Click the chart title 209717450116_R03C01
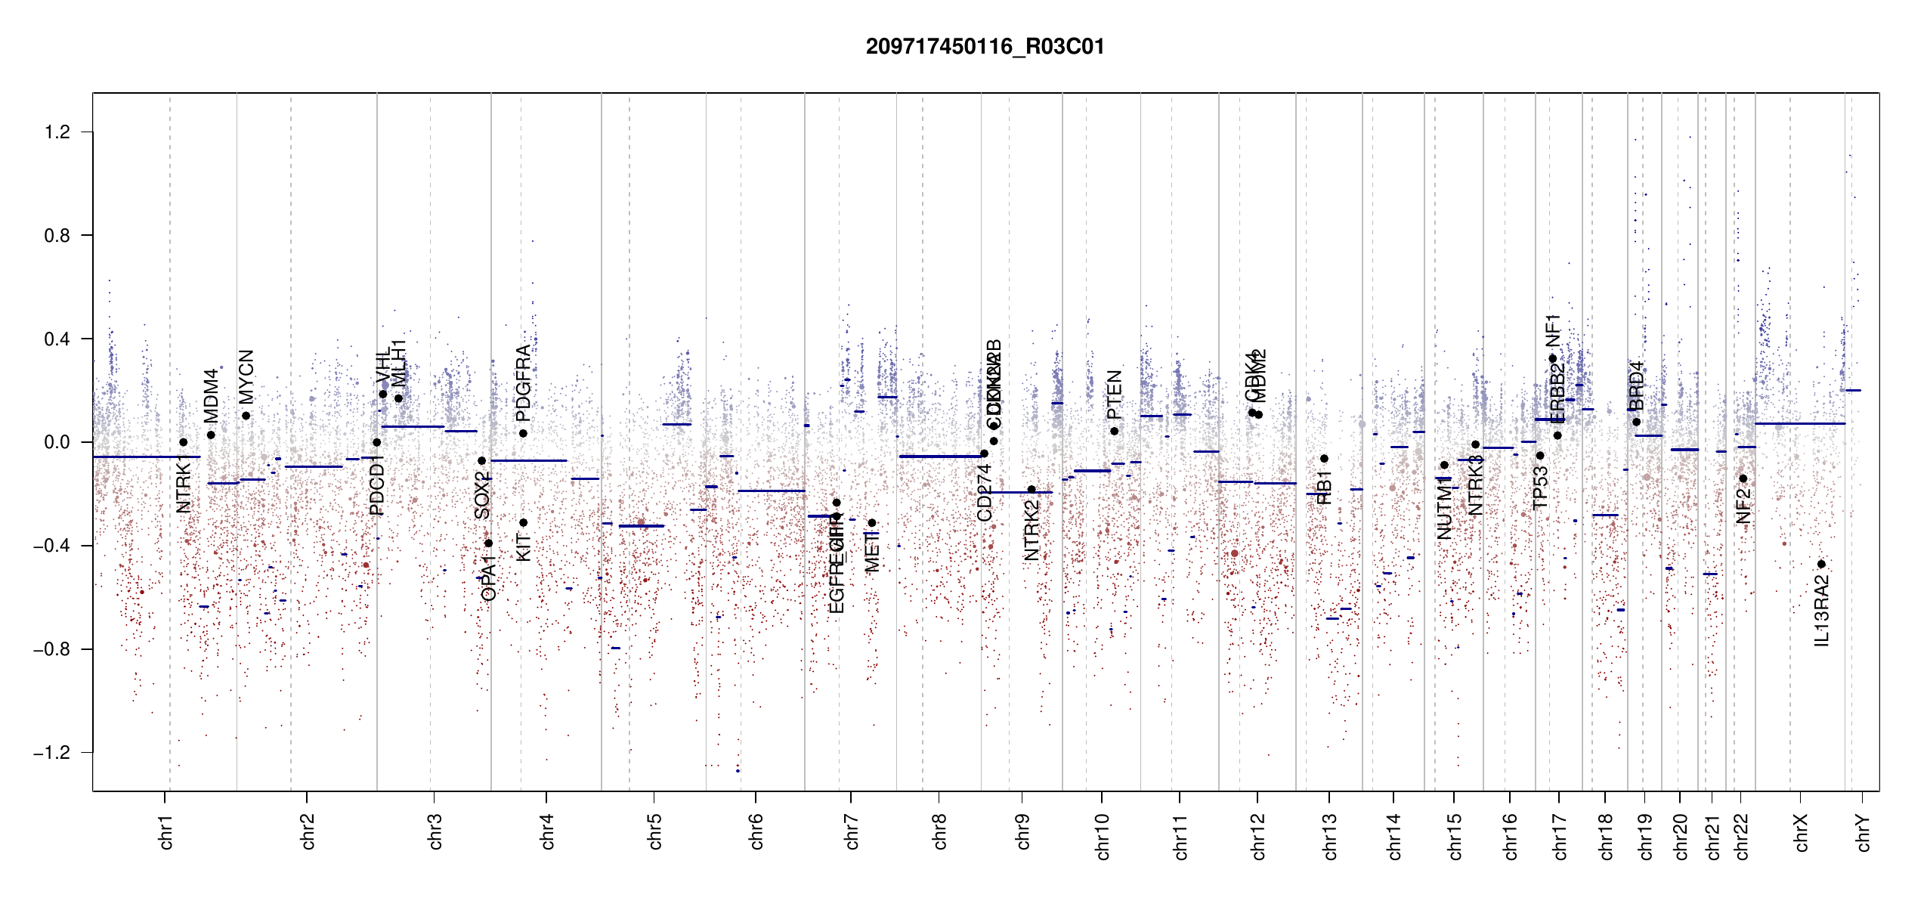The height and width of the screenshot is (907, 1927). pyautogui.click(x=985, y=47)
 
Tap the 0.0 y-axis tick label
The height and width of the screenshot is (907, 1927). pyautogui.click(x=57, y=442)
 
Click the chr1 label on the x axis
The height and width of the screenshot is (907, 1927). pyautogui.click(x=165, y=831)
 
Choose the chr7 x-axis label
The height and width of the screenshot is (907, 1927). pyautogui.click(x=851, y=831)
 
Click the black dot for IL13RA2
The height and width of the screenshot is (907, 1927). pyautogui.click(x=1821, y=565)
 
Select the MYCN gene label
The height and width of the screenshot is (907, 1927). pyautogui.click(x=246, y=376)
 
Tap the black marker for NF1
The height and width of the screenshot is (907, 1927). pyautogui.click(x=1553, y=359)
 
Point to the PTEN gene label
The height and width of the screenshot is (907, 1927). pyautogui.click(x=1114, y=395)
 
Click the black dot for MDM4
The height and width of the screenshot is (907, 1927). pyautogui.click(x=211, y=435)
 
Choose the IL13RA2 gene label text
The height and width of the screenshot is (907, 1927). pyautogui.click(x=1821, y=611)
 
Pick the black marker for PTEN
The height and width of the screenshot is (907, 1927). pyautogui.click(x=1114, y=431)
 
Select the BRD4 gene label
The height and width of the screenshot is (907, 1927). pyautogui.click(x=1636, y=385)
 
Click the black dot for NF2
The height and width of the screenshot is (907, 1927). pyautogui.click(x=1743, y=478)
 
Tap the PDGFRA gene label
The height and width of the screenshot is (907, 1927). pyautogui.click(x=523, y=383)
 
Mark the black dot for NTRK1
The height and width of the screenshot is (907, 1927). pyautogui.click(x=183, y=442)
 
